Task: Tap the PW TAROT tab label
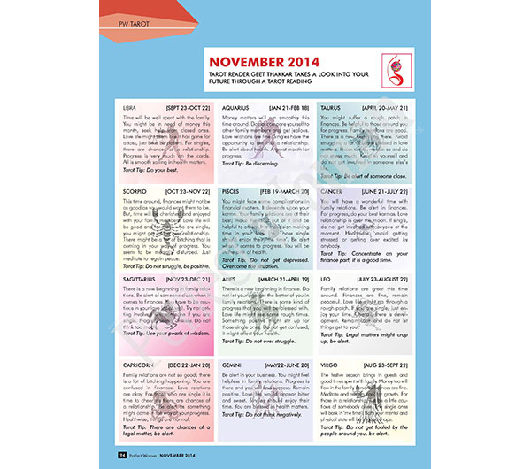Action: click(129, 18)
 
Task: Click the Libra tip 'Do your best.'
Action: click(165, 169)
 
